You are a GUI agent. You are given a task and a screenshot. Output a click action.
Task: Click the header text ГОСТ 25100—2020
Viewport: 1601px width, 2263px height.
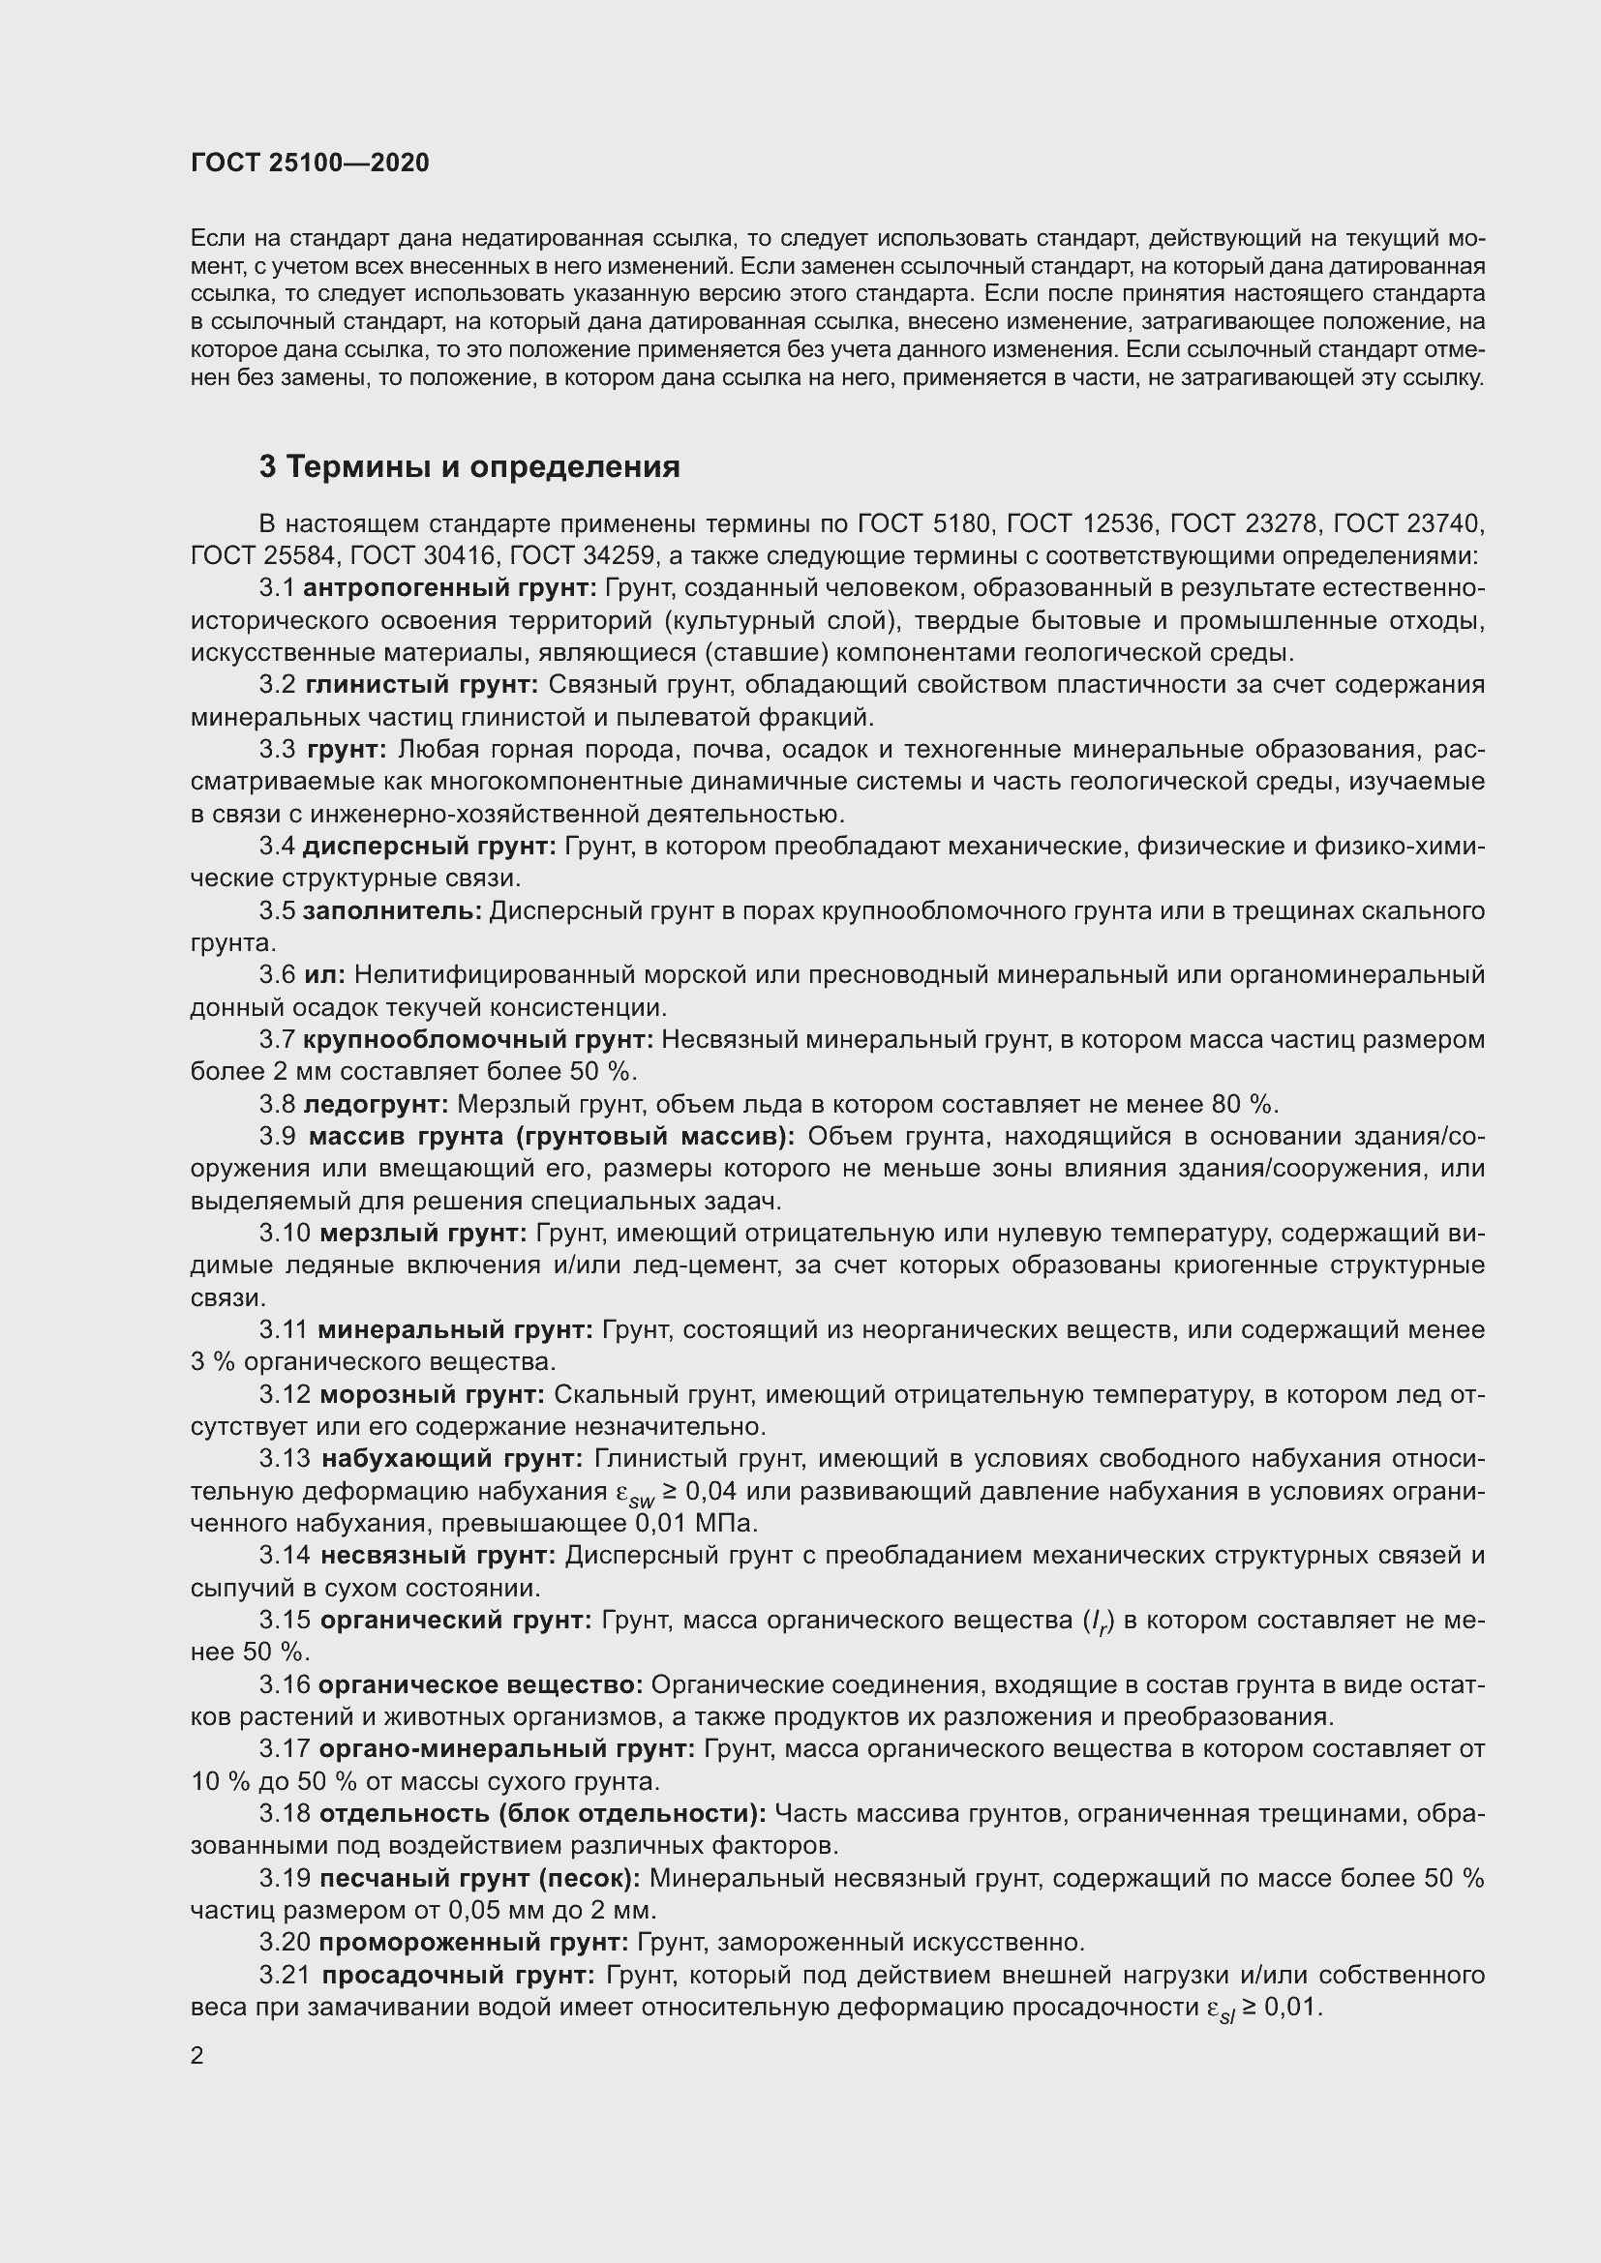[x=310, y=164]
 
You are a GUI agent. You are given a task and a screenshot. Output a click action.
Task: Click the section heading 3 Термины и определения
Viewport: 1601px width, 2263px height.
[x=469, y=467]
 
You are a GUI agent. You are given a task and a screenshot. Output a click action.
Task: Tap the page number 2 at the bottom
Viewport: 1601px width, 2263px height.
[x=197, y=2056]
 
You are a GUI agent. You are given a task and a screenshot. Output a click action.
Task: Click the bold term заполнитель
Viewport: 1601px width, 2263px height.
[x=392, y=910]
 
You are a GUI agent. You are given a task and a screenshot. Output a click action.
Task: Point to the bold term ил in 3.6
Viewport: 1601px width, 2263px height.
[x=324, y=975]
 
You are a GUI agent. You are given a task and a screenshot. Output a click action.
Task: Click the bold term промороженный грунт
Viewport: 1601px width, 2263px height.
[x=473, y=1944]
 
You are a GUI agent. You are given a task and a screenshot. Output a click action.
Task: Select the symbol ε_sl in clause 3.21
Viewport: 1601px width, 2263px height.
[x=1220, y=2009]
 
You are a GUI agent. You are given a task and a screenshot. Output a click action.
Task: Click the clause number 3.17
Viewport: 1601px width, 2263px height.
[x=284, y=1750]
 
